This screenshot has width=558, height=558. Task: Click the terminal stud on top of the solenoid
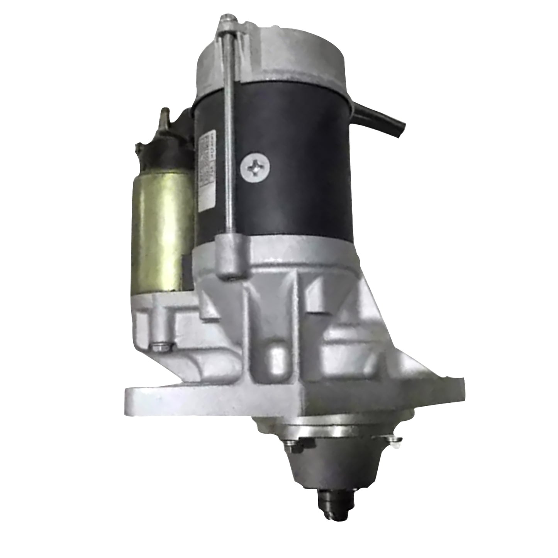click(165, 116)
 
